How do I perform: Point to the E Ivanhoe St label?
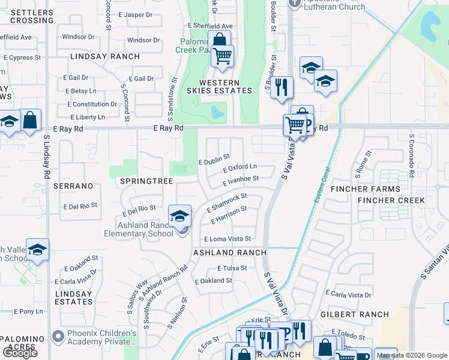pyautogui.click(x=240, y=178)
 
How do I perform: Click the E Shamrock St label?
pyautogui.click(x=227, y=202)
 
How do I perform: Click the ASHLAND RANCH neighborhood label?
pyautogui.click(x=229, y=253)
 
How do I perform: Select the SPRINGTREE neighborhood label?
pyautogui.click(x=146, y=181)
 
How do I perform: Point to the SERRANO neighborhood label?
pyautogui.click(x=73, y=186)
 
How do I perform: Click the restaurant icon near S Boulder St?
pyautogui.click(x=281, y=87)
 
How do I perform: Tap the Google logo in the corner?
pyautogui.click(x=20, y=353)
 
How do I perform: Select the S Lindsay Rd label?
pyautogui.click(x=46, y=156)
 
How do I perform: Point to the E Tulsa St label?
pyautogui.click(x=232, y=268)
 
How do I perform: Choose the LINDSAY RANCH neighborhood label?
pyautogui.click(x=105, y=56)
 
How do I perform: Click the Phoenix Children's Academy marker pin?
pyautogui.click(x=58, y=335)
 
